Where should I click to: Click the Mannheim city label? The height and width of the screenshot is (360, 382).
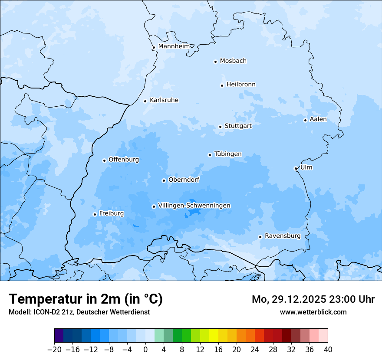click(174, 46)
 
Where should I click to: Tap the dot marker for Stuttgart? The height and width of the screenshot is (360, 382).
click(220, 127)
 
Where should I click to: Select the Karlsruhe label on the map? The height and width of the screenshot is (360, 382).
click(164, 100)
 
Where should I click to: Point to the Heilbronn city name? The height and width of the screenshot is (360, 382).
click(241, 85)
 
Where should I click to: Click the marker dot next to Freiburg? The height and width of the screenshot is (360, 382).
click(95, 214)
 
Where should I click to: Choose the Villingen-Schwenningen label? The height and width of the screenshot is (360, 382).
click(194, 206)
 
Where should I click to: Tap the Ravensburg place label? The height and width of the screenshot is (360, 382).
click(282, 236)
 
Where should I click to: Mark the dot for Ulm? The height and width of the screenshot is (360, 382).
click(296, 168)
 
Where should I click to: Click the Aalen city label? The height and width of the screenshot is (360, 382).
click(318, 119)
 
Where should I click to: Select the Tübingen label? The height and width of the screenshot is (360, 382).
click(228, 154)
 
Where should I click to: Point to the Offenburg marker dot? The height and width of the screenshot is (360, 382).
click(104, 160)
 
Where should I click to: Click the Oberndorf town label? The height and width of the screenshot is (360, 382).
click(184, 180)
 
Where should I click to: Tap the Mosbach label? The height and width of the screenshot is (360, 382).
click(233, 61)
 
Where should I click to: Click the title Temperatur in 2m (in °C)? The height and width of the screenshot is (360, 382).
click(86, 299)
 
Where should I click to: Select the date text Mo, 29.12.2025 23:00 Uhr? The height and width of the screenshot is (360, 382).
click(313, 299)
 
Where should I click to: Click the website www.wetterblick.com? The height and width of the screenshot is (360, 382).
click(313, 312)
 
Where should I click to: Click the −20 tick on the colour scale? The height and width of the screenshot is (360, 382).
click(54, 350)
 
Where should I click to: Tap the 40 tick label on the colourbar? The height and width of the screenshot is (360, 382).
click(328, 350)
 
